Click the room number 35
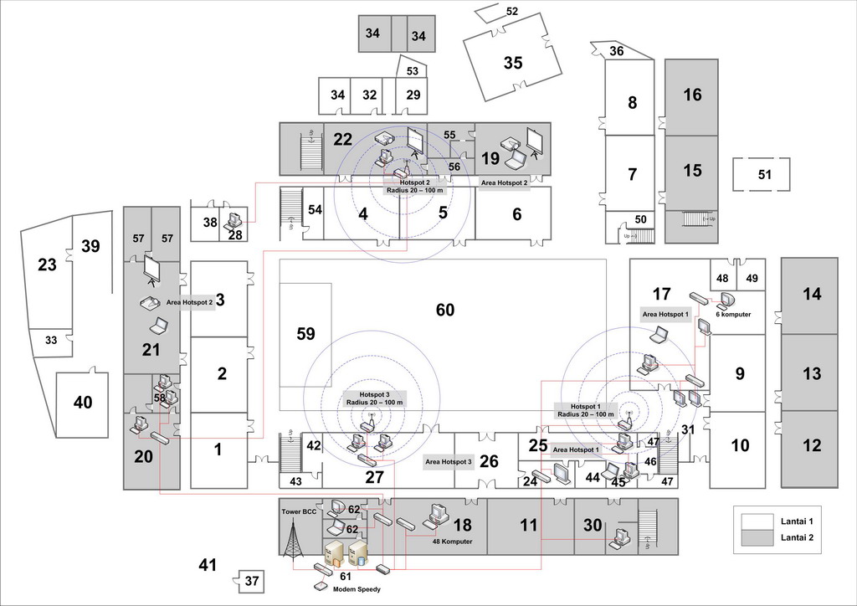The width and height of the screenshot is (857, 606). click(513, 63)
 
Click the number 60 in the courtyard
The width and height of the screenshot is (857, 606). click(445, 311)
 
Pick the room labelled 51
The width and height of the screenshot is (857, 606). click(764, 175)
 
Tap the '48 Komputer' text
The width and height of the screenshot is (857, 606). click(452, 542)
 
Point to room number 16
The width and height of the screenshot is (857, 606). click(692, 95)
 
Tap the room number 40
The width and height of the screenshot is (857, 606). click(83, 403)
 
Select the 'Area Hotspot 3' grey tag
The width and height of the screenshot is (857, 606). click(449, 461)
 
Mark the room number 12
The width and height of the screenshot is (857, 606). click(812, 446)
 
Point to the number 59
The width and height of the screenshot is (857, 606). click(305, 334)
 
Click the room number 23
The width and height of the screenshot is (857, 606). click(47, 264)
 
